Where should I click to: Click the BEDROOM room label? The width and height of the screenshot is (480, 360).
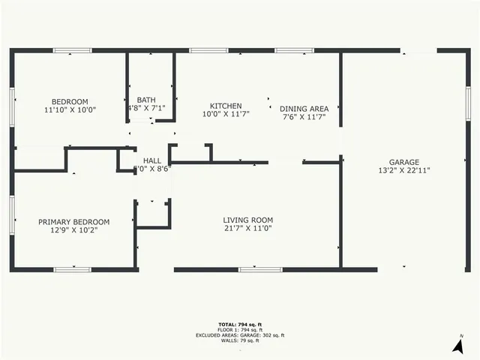(x=70, y=102)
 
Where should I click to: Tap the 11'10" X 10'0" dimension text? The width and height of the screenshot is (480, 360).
(x=70, y=110)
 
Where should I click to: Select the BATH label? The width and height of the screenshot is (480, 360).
(x=146, y=100)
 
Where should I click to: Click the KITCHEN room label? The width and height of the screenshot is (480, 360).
(x=225, y=106)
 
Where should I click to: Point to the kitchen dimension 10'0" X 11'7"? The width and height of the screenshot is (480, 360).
(x=225, y=114)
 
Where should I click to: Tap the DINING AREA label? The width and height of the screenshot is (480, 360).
(x=304, y=109)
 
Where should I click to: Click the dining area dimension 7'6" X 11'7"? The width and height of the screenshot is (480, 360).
(x=304, y=117)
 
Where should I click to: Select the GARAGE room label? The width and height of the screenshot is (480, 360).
(x=403, y=162)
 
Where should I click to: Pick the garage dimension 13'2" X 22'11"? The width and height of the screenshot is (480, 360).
(x=403, y=170)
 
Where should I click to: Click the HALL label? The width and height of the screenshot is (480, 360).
(x=152, y=160)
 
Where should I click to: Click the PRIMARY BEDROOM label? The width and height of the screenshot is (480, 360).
(x=73, y=222)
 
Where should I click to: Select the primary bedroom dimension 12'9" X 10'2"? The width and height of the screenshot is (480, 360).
(x=73, y=230)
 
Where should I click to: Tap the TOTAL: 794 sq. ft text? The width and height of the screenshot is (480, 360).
(x=240, y=325)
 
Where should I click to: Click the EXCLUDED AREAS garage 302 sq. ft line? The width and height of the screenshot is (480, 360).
(x=240, y=335)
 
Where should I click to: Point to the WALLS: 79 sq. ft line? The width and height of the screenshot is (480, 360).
(x=240, y=341)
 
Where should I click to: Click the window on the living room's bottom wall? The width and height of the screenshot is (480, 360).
(x=260, y=269)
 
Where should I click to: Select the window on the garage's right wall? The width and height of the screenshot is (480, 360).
(x=468, y=106)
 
